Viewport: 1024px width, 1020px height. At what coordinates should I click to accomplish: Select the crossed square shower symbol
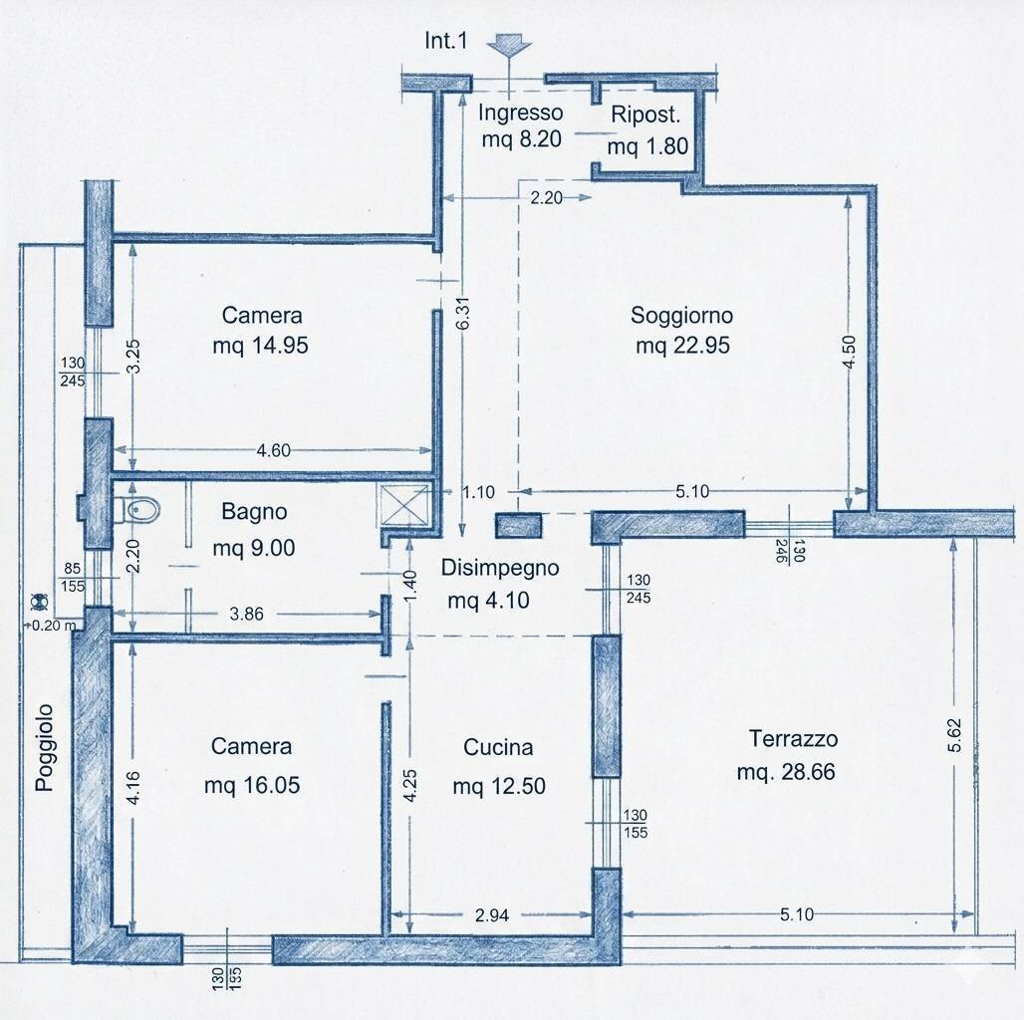[x=404, y=505]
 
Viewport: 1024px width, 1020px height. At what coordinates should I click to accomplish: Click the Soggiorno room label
[x=681, y=316]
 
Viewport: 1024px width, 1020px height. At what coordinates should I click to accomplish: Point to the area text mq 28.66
[x=786, y=772]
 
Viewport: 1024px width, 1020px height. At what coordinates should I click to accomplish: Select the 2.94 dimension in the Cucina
[x=492, y=915]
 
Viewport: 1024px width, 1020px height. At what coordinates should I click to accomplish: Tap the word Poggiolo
[x=45, y=748]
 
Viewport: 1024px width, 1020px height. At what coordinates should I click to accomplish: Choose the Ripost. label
[x=645, y=115]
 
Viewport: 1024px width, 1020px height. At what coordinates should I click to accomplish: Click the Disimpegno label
[x=500, y=568]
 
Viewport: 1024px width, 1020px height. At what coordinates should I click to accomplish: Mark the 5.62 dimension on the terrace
[x=955, y=735]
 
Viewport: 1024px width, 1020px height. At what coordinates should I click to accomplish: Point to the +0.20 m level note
[x=51, y=625]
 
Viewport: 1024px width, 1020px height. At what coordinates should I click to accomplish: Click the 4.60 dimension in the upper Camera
[x=273, y=450]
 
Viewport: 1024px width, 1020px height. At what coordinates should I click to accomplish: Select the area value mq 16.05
[x=252, y=785]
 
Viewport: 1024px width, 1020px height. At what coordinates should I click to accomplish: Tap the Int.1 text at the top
[x=446, y=41]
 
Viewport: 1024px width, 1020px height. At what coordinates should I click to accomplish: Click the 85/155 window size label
[x=73, y=578]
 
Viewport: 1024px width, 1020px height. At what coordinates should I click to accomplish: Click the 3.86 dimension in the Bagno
[x=247, y=614]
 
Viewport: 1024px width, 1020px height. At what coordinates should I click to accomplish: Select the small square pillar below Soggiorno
[x=518, y=525]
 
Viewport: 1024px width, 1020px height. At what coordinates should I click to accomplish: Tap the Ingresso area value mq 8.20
[x=521, y=139]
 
